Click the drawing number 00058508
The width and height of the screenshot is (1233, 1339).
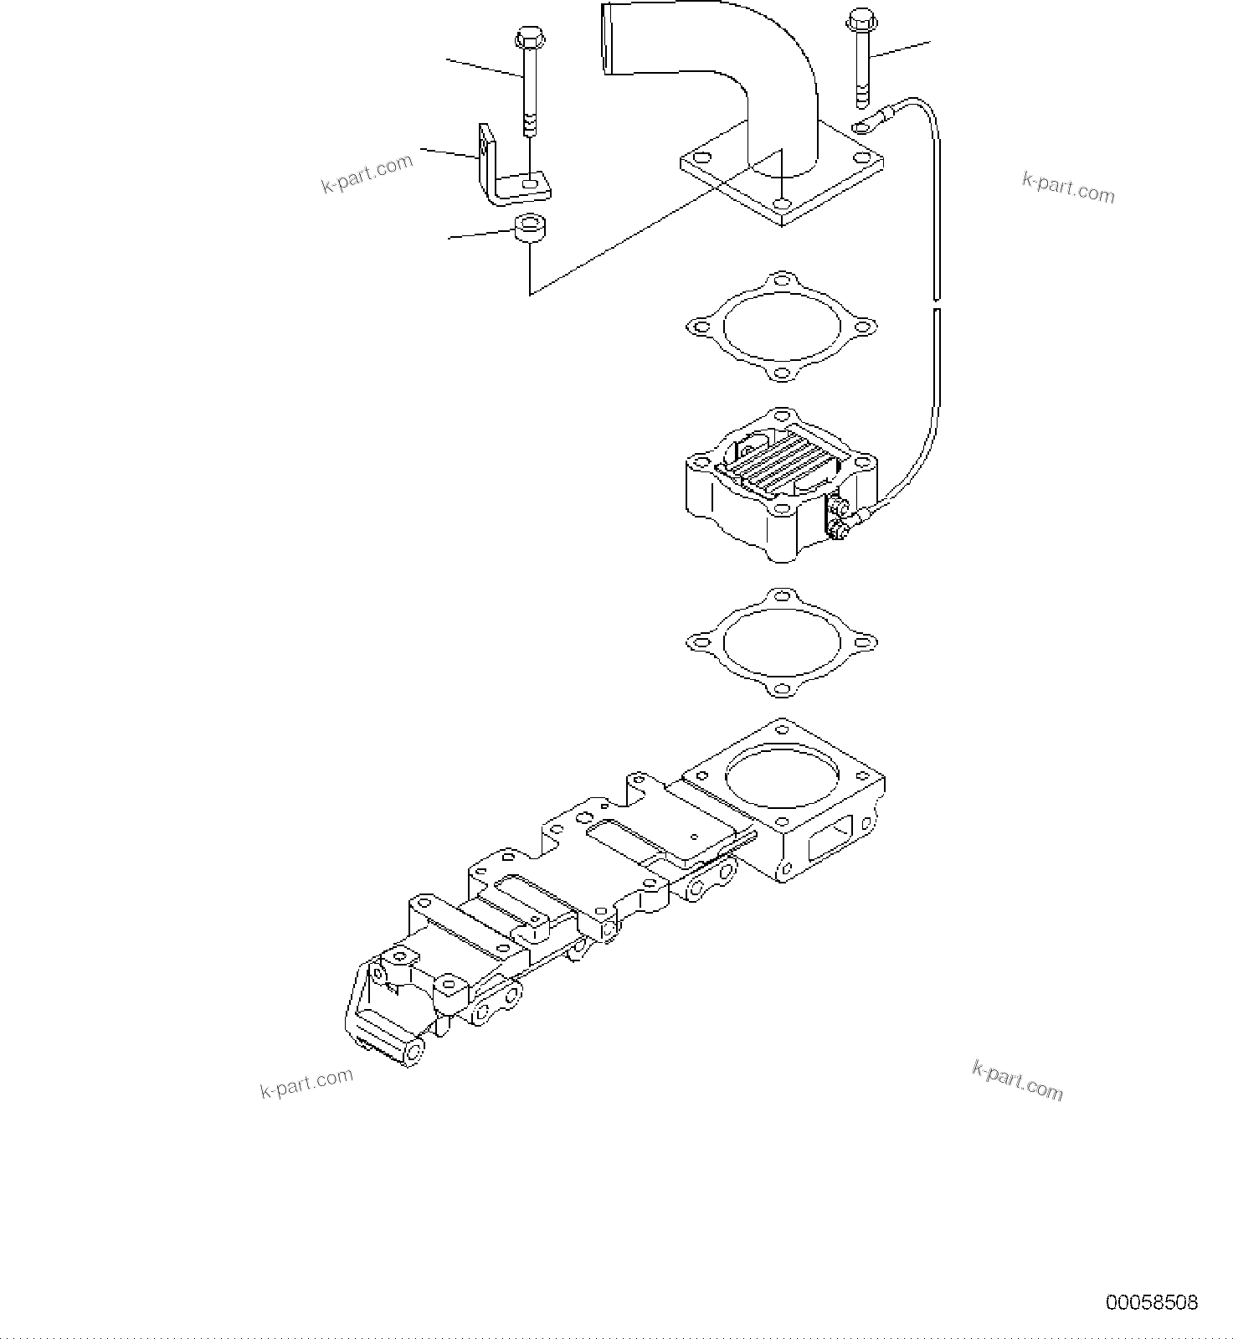1151,1302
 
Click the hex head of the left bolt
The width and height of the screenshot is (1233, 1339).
529,38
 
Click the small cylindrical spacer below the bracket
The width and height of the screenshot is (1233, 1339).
529,227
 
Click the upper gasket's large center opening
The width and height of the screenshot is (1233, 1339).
781,327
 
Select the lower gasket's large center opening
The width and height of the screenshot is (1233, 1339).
781,642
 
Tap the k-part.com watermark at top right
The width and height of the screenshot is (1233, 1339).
1068,188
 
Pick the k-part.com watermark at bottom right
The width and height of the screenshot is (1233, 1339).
1017,1080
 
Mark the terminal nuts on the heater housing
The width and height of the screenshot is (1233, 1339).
838,517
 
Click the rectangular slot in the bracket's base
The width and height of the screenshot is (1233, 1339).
529,181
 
